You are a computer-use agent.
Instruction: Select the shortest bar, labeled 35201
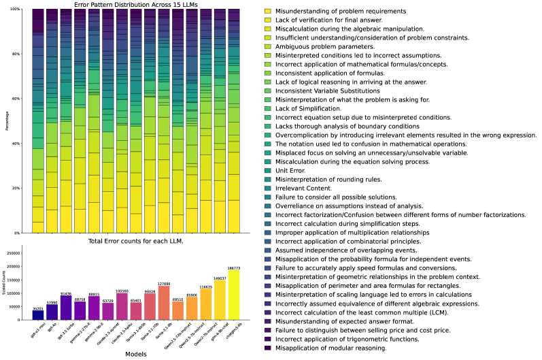[38, 314]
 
